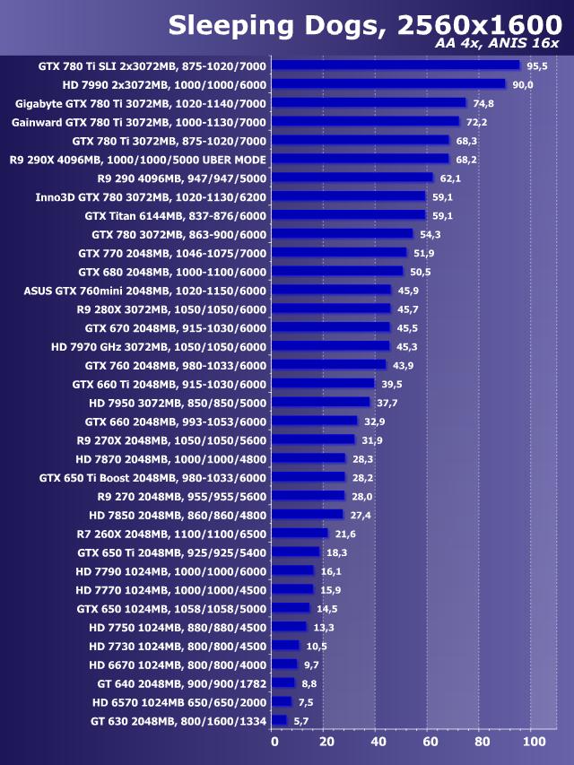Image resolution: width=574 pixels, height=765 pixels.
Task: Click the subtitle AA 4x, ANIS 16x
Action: pyautogui.click(x=497, y=44)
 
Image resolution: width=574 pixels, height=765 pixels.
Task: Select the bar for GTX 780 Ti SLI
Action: pyautogui.click(x=396, y=65)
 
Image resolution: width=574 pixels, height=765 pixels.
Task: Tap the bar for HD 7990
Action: pyautogui.click(x=388, y=84)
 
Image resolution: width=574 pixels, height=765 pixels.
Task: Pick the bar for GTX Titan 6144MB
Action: pyautogui.click(x=349, y=215)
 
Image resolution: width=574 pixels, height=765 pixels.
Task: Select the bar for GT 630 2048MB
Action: pyautogui.click(x=280, y=720)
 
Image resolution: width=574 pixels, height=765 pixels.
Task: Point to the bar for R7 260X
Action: pyautogui.click(x=300, y=533)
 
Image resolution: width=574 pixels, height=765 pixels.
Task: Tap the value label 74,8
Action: pyautogui.click(x=483, y=104)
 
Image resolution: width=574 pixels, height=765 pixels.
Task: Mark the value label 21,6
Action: pyautogui.click(x=345, y=534)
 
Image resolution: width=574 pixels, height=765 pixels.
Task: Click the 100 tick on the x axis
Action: pyautogui.click(x=535, y=742)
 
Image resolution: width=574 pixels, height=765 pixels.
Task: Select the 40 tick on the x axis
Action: pyautogui.click(x=378, y=742)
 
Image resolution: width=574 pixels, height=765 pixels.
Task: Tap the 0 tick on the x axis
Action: pyautogui.click(x=274, y=742)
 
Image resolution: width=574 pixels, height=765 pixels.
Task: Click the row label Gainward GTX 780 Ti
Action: pyautogui.click(x=139, y=122)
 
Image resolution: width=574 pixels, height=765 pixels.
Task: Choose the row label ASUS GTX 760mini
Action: pyautogui.click(x=144, y=291)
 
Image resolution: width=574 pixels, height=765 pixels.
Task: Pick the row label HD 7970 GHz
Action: pyautogui.click(x=159, y=346)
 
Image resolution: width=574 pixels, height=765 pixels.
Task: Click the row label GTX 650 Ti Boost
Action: pyautogui.click(x=152, y=477)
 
